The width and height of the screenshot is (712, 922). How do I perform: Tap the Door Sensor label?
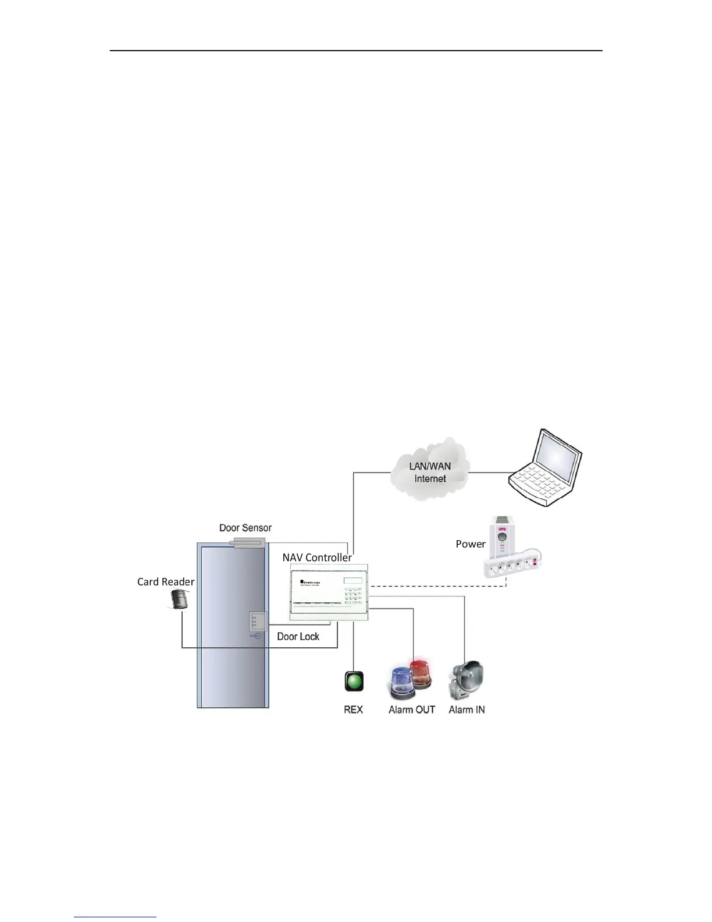tap(245, 528)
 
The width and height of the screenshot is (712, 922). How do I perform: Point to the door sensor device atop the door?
tap(247, 543)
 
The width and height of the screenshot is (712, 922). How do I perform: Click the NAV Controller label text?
tap(317, 558)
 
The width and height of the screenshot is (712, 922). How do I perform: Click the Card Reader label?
tap(166, 581)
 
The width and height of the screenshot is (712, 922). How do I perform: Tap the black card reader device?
tap(180, 599)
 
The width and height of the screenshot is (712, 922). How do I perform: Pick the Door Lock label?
tap(298, 636)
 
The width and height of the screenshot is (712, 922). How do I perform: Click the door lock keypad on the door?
tap(258, 623)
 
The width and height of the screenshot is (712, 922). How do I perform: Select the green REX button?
tap(354, 681)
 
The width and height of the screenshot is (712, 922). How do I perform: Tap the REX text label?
tap(353, 710)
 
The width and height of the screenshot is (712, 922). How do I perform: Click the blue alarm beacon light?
tap(401, 682)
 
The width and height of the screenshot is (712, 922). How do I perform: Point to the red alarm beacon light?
tap(420, 672)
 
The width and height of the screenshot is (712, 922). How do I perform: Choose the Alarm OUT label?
tap(411, 710)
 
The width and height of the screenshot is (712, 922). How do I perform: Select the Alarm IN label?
tap(467, 710)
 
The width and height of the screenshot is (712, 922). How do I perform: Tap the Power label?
tap(470, 544)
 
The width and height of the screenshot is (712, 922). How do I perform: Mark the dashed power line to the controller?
tap(436, 586)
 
